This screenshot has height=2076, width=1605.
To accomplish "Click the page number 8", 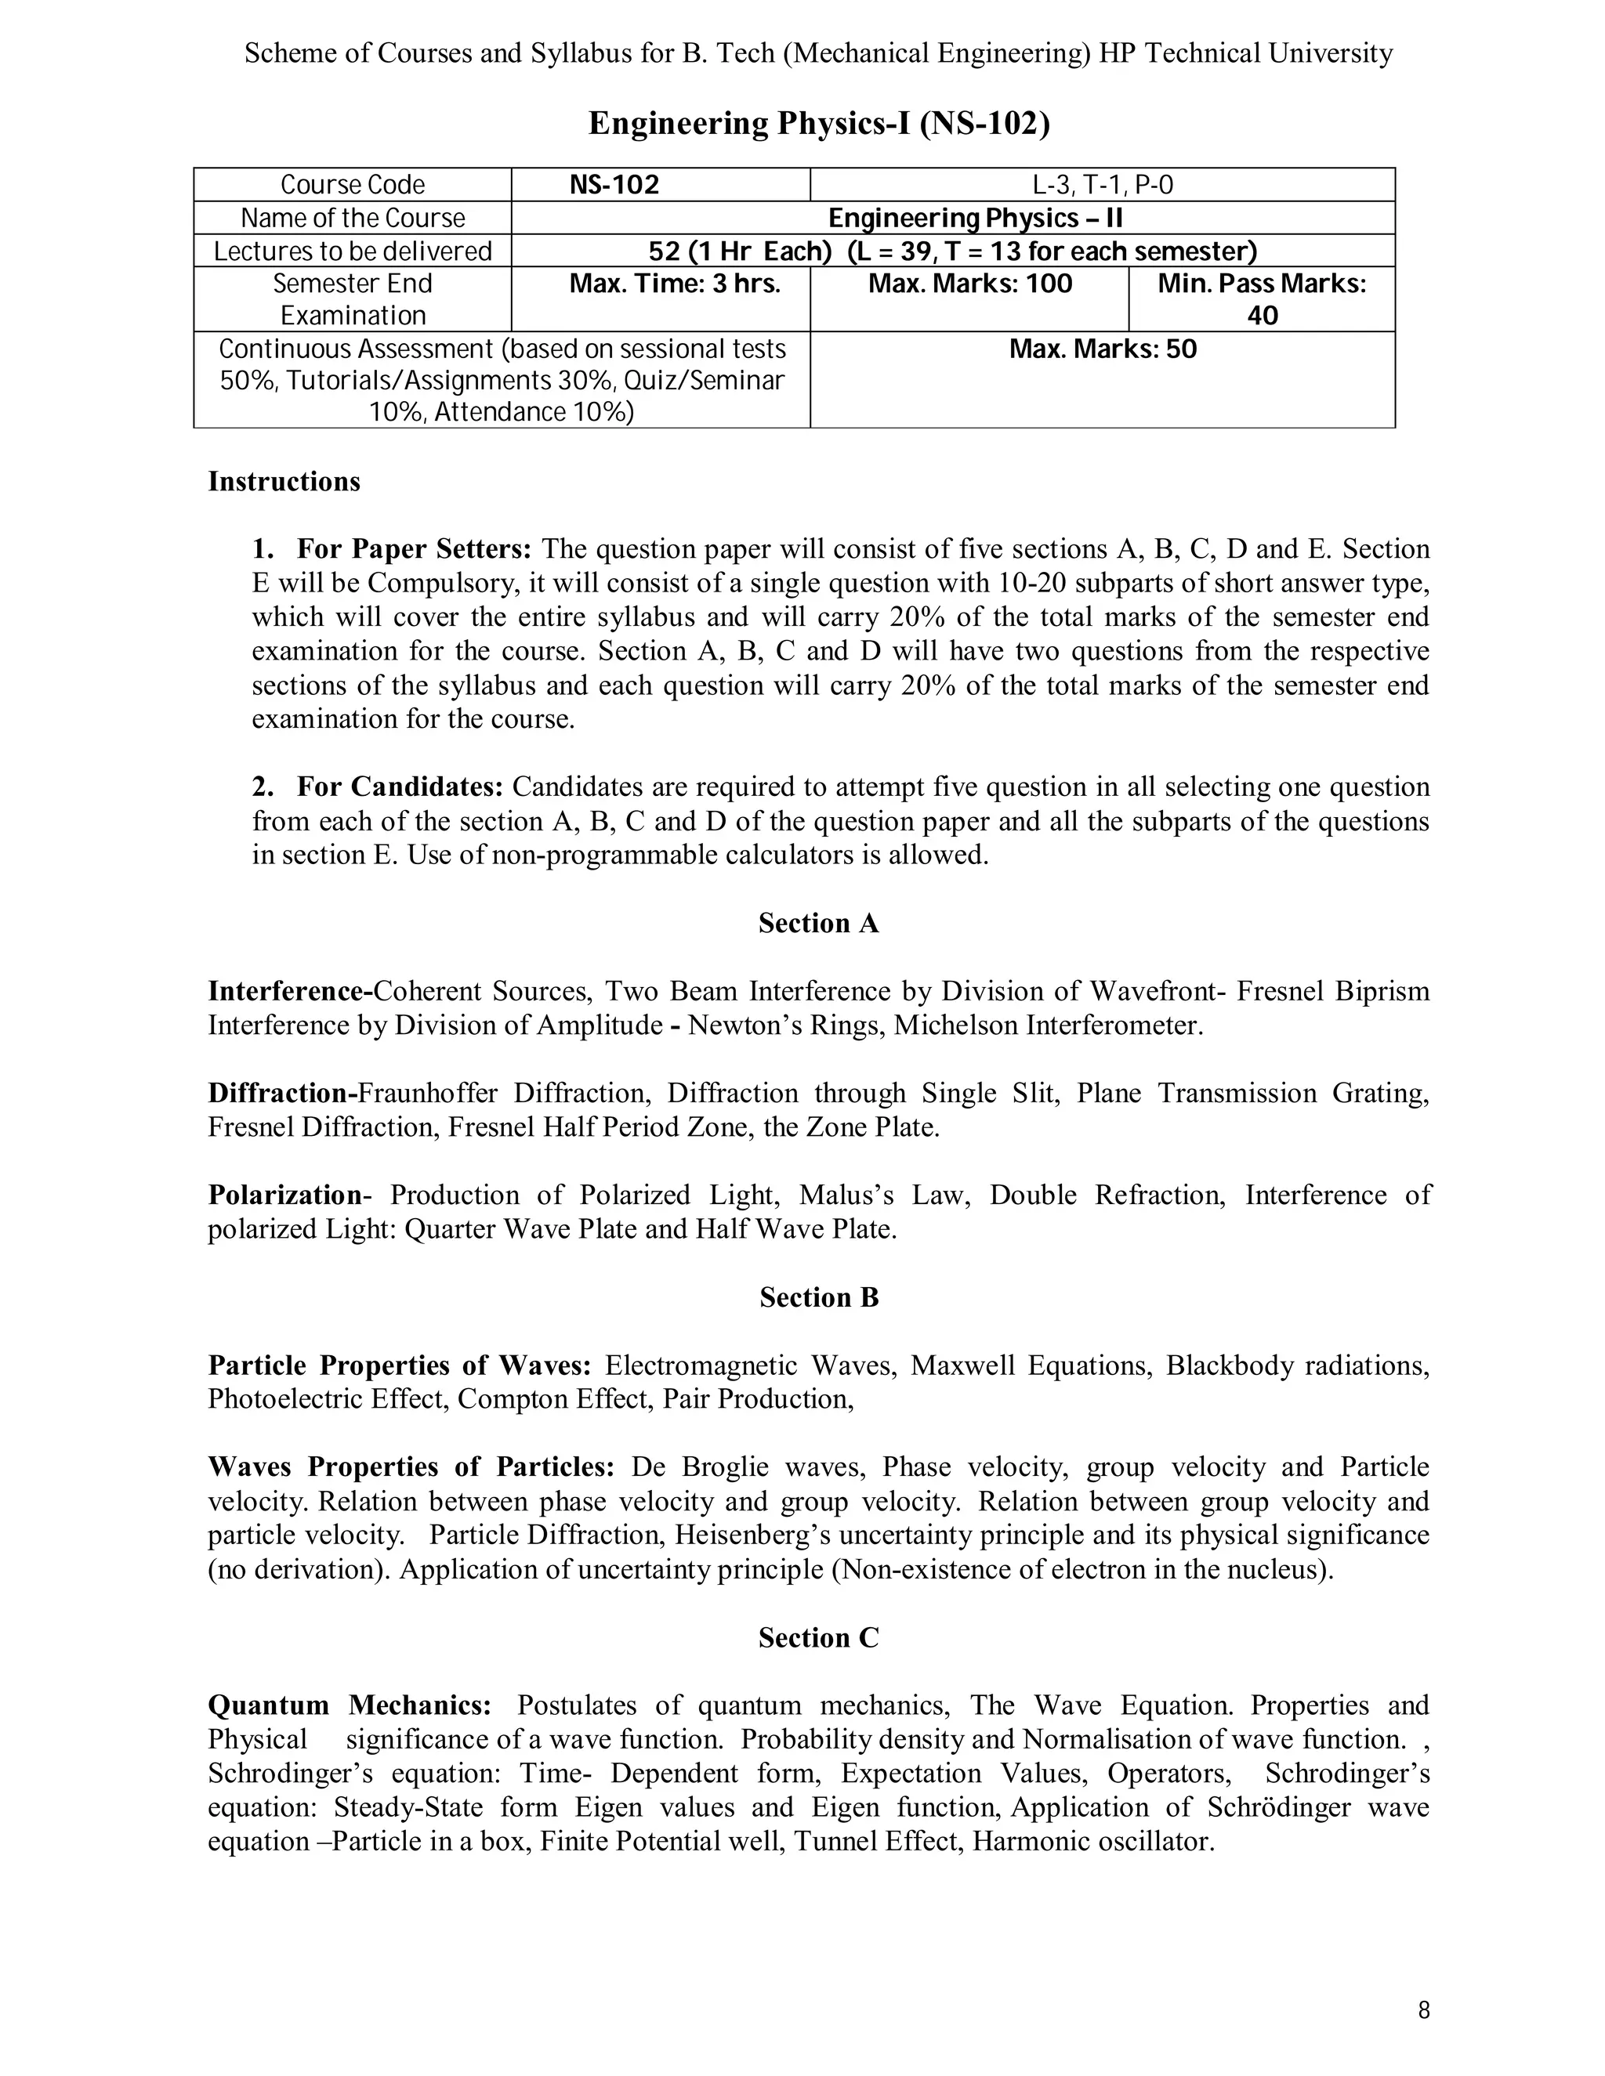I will (x=1423, y=2010).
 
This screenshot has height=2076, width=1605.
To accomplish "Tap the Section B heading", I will (x=819, y=1297).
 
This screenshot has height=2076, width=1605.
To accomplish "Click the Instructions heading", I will (x=284, y=481).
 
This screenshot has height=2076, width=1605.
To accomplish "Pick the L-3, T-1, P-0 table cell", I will (x=1102, y=184).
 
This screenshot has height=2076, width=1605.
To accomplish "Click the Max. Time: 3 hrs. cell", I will (x=674, y=284).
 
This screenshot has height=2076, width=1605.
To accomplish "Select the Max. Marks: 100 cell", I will (x=970, y=284).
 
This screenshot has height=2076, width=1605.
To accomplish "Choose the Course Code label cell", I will (x=353, y=184).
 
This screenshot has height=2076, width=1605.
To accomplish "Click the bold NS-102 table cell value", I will (x=614, y=184).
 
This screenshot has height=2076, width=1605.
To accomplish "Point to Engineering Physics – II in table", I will (x=976, y=218).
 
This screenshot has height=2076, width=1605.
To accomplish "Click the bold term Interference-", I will (x=290, y=992).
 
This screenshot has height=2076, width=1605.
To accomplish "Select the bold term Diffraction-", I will (x=282, y=1093).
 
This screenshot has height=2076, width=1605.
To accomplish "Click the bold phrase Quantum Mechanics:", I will (x=350, y=1705).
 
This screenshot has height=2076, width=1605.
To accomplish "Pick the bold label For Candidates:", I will (x=400, y=787).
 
